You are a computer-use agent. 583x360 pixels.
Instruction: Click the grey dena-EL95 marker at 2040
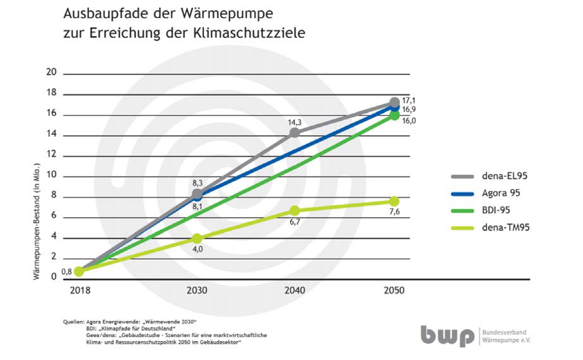[x=295, y=133]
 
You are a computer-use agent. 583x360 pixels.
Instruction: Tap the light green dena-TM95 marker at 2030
[x=197, y=238]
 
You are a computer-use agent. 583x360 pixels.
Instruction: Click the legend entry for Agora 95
[x=501, y=193]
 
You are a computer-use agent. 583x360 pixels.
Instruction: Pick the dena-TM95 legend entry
[x=506, y=227]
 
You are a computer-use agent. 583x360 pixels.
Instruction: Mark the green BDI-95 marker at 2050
[x=394, y=115]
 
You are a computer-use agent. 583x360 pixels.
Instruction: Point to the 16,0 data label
[x=409, y=121]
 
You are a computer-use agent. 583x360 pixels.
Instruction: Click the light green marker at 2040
[x=295, y=211]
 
